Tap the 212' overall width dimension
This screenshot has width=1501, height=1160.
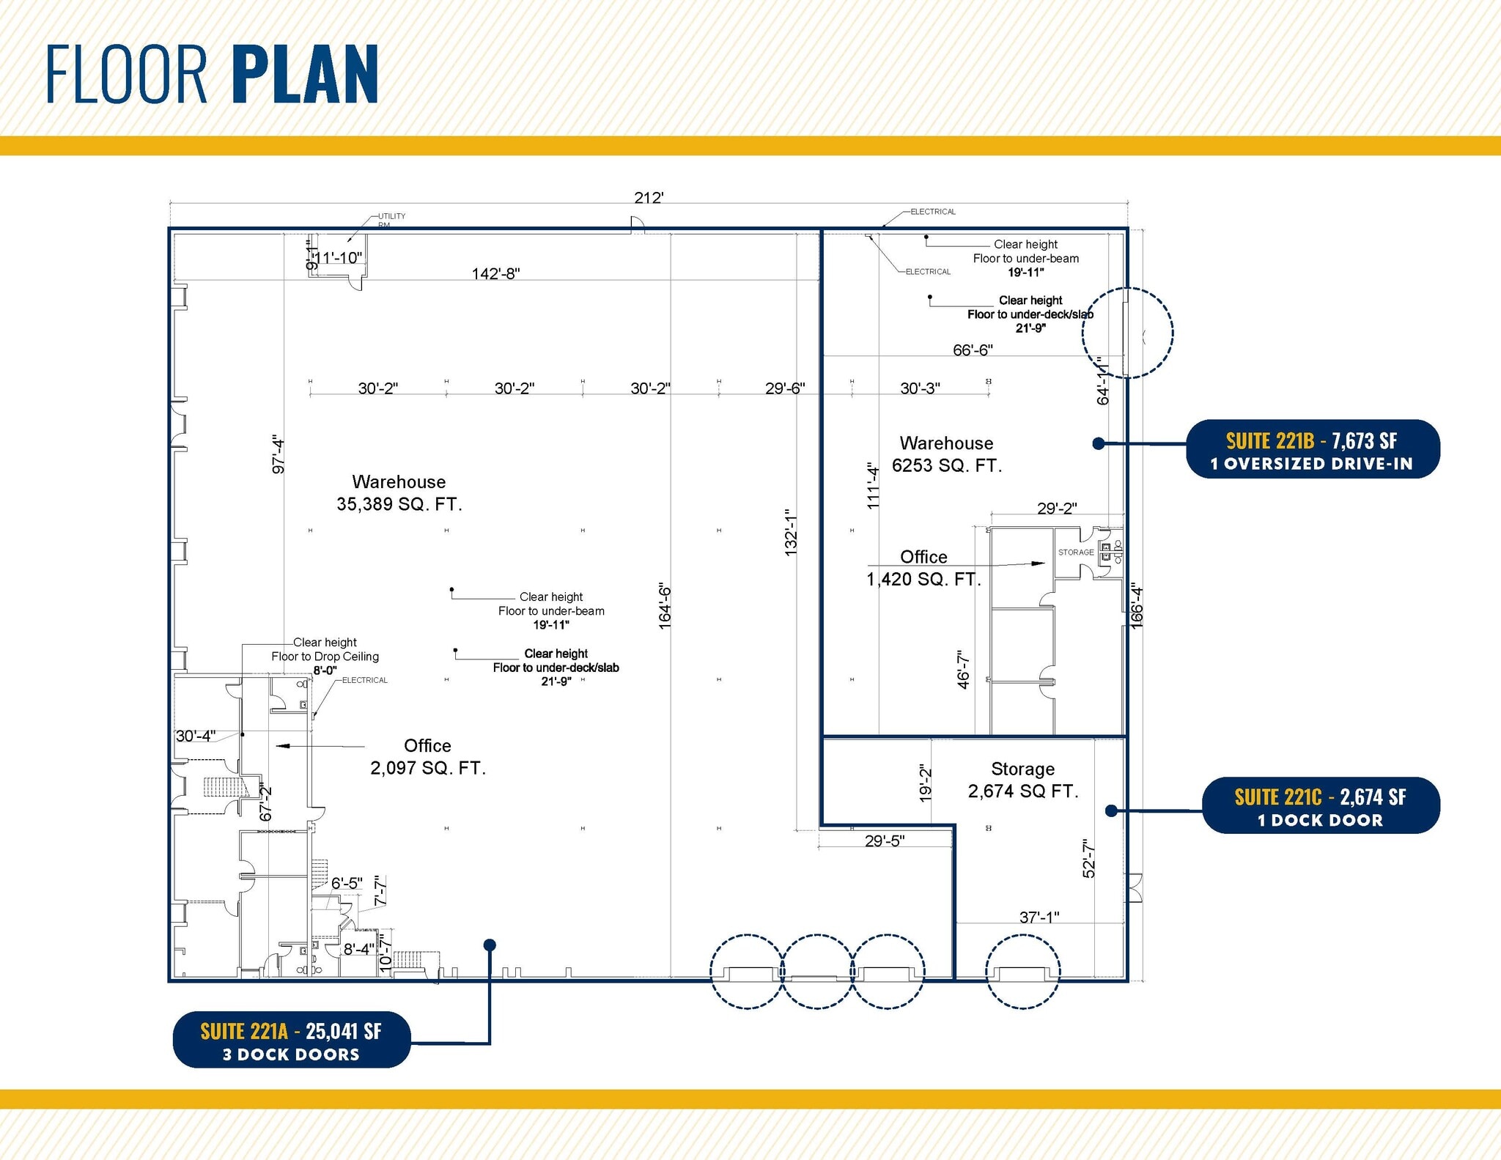pyautogui.click(x=649, y=198)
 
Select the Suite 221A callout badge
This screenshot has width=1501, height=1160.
pyautogui.click(x=291, y=1041)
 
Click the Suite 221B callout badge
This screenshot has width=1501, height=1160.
pyautogui.click(x=1312, y=450)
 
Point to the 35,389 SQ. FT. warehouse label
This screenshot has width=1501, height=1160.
pyautogui.click(x=399, y=493)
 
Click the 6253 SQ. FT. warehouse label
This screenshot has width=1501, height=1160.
pyautogui.click(x=946, y=454)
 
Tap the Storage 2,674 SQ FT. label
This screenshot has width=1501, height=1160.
pyautogui.click(x=1023, y=780)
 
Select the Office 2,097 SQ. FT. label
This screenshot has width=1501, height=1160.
pyautogui.click(x=428, y=757)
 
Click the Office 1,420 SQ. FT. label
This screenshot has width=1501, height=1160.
pyautogui.click(x=923, y=568)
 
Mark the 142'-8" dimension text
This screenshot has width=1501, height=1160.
pyautogui.click(x=495, y=273)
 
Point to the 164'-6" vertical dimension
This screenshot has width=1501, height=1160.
pyautogui.click(x=665, y=607)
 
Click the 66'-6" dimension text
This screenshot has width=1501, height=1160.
pyautogui.click(x=972, y=350)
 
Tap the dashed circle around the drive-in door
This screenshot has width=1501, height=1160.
pyautogui.click(x=1127, y=333)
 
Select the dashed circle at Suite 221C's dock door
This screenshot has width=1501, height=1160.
pyautogui.click(x=1022, y=972)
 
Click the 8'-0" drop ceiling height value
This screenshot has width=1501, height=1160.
pyautogui.click(x=325, y=670)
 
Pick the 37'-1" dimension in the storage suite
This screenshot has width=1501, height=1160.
pyautogui.click(x=1039, y=917)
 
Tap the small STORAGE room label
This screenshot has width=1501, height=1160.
pyautogui.click(x=1075, y=553)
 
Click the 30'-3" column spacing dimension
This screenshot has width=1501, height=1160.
pyautogui.click(x=920, y=388)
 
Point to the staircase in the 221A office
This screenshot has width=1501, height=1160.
pyautogui.click(x=221, y=788)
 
